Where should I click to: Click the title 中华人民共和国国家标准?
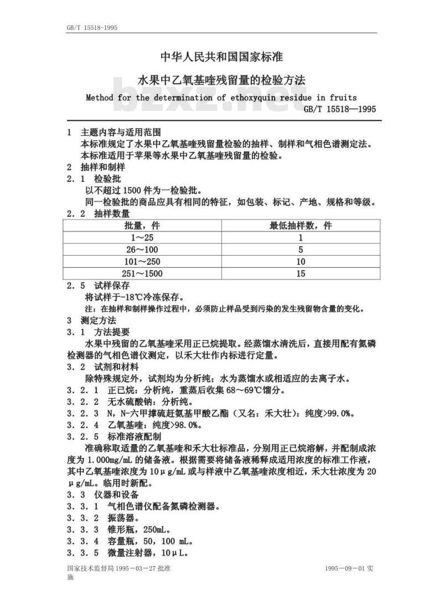tap(221, 57)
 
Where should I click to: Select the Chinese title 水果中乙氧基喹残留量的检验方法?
tap(221, 80)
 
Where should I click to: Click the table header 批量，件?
tap(142, 226)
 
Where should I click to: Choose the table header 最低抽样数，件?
tap(301, 226)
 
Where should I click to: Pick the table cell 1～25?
tap(142, 237)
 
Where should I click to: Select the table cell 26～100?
tap(142, 250)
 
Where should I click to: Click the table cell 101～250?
tap(142, 262)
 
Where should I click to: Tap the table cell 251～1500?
tap(142, 273)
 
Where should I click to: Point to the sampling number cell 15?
tap(301, 273)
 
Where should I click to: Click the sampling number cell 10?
tap(301, 262)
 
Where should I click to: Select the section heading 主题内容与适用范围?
tap(121, 133)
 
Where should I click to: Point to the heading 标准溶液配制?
tap(129, 437)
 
